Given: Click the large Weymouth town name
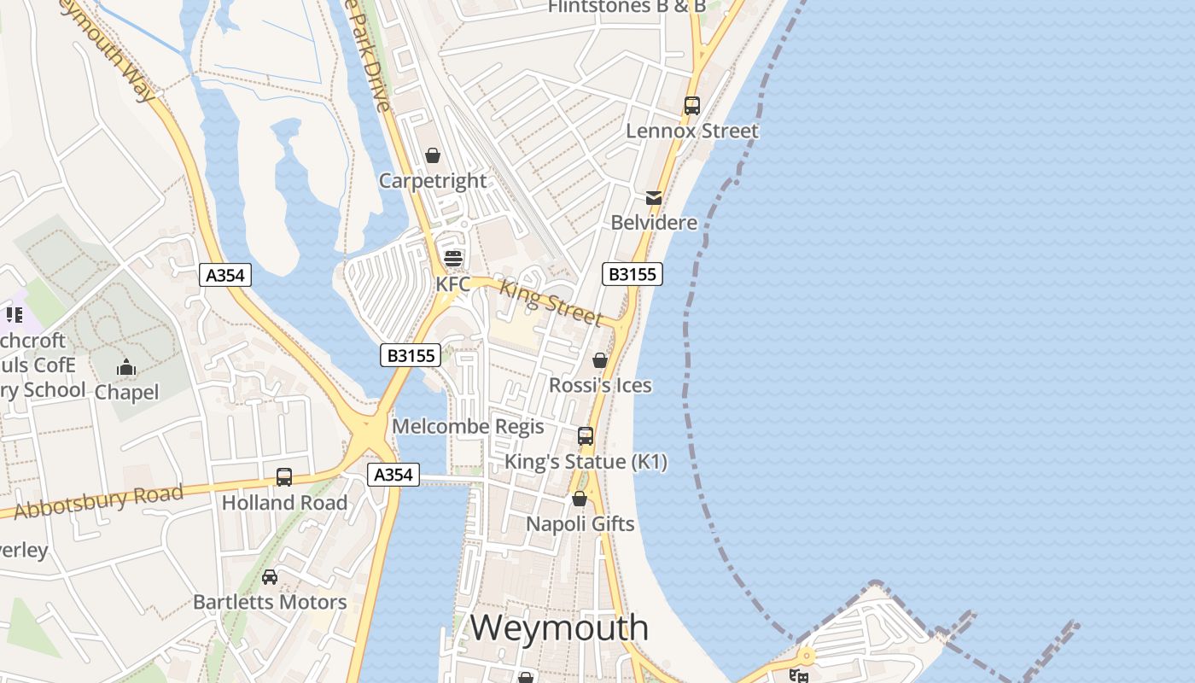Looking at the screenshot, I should click(559, 628).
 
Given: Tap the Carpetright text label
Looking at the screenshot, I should click(433, 181).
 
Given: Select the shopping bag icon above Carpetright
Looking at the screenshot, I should click(433, 155).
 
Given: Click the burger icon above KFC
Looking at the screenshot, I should click(452, 258).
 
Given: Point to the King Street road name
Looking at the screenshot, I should click(551, 301).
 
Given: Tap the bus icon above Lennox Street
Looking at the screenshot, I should click(691, 106).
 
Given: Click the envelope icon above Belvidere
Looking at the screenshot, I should click(654, 198).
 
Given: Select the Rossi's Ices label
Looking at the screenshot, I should click(600, 385).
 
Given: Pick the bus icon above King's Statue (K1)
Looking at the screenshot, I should click(586, 436).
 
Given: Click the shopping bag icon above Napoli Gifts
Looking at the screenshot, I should click(580, 499).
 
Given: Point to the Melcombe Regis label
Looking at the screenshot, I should click(468, 426).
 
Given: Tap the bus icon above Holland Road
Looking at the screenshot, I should click(284, 477).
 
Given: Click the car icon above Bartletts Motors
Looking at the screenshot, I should click(270, 577).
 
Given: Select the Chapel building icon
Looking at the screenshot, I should click(126, 369).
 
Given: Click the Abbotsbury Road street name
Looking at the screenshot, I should click(99, 501).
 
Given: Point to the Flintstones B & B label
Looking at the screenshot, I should click(627, 7).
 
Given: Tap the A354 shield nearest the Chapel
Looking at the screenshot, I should click(226, 275).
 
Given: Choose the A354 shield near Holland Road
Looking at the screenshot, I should click(393, 475).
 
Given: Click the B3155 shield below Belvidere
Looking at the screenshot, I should click(632, 274).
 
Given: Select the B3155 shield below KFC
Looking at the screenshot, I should click(411, 355).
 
